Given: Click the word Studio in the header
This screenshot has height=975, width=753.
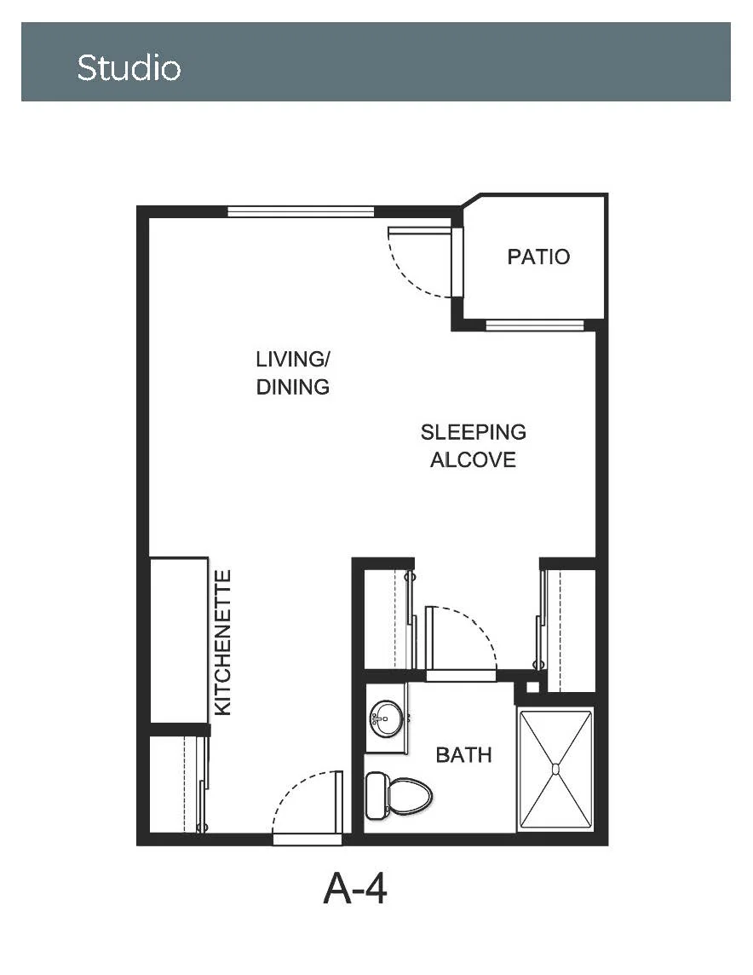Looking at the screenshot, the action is tap(129, 67).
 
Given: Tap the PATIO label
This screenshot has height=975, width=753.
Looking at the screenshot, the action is tap(538, 257).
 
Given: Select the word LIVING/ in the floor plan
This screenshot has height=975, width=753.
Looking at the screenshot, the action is tap(293, 359).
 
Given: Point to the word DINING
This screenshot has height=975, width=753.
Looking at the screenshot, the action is tap(293, 387).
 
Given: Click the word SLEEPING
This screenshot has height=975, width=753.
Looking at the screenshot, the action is tap(474, 432).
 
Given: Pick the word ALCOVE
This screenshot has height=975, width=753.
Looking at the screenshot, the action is tap(474, 460).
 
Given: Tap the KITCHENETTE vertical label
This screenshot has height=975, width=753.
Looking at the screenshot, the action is tap(222, 643).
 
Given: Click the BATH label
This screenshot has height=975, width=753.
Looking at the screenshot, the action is tap(464, 755).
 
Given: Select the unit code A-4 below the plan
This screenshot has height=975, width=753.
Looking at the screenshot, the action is tap(354, 889).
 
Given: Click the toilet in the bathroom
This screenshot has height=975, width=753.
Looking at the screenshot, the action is tap(399, 795).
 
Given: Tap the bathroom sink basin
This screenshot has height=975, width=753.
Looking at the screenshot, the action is tap(386, 718).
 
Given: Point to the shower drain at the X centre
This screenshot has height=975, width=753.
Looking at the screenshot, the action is tap(555, 769).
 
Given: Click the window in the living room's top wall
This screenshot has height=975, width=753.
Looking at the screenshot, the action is tap(301, 212).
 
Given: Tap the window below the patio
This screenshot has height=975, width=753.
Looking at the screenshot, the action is tap(535, 326).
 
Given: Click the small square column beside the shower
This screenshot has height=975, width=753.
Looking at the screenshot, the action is tap(532, 687).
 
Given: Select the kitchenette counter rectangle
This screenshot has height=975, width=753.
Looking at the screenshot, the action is tap(179, 640).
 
